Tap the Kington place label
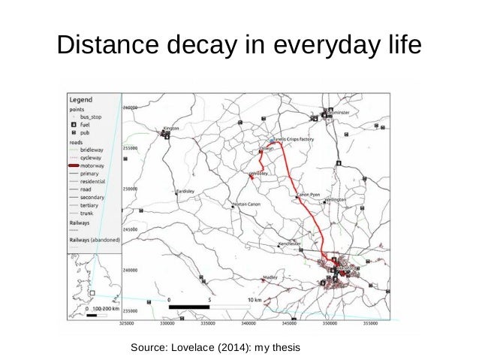tap(172, 129)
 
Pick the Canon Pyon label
tap(309, 194)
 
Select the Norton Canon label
tap(247, 204)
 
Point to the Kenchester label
tap(290, 244)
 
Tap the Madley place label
tap(271, 277)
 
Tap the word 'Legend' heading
tap(82, 99)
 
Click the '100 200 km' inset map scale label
tap(98, 309)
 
